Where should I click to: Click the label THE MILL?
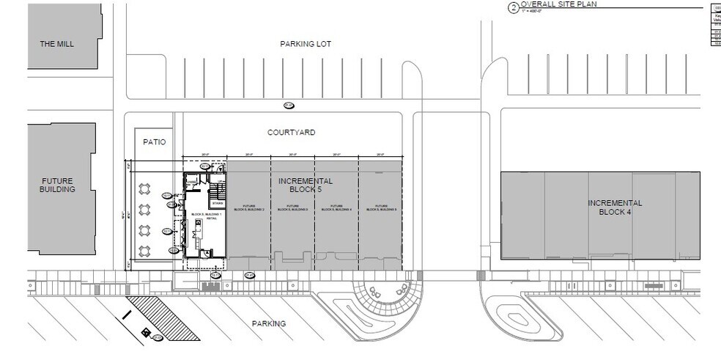[x=57, y=44]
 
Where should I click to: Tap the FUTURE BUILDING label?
[x=58, y=185]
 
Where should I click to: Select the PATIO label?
[x=155, y=142]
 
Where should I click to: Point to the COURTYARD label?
[x=291, y=133]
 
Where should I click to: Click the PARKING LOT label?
[x=306, y=44]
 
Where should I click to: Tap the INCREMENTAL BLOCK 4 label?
[x=615, y=207]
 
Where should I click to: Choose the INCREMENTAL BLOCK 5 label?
[x=306, y=185]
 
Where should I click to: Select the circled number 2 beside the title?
[x=513, y=8]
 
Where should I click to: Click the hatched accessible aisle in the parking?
[x=163, y=318]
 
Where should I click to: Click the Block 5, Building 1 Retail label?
[x=196, y=216]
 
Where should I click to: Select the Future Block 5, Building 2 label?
[x=248, y=207]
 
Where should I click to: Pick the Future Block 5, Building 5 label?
[x=380, y=207]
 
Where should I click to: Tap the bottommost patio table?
[x=144, y=251]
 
